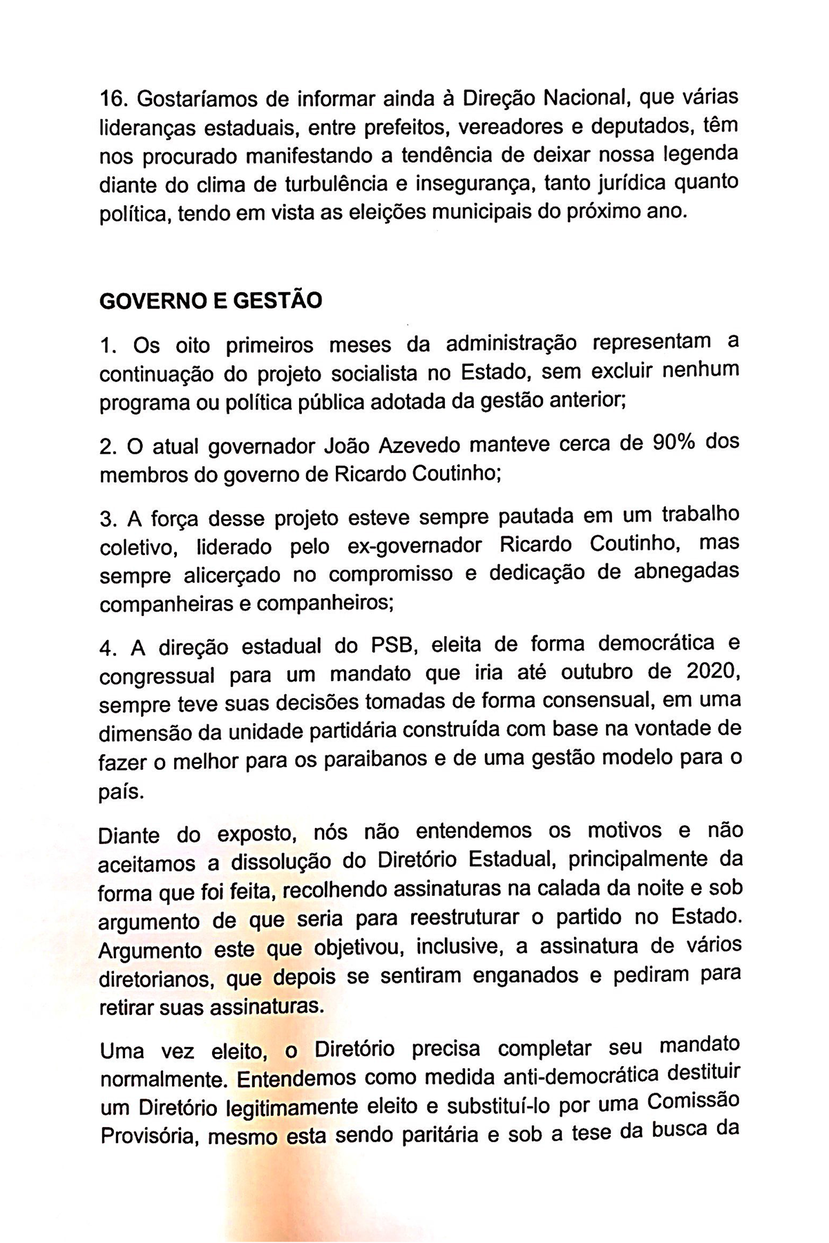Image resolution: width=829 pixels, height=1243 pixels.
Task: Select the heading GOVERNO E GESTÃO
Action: pos(211,302)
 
